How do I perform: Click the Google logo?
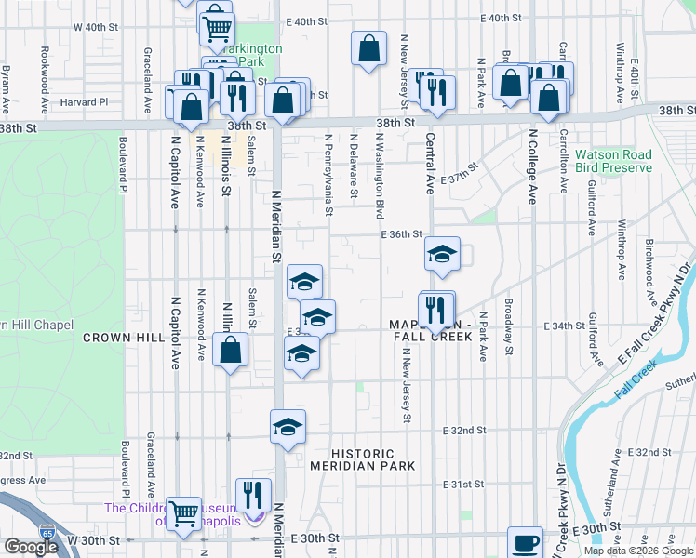[x=31, y=546]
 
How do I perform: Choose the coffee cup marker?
[x=525, y=541]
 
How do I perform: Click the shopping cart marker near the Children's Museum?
[x=183, y=511]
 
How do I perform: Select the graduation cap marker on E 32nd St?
[x=288, y=427]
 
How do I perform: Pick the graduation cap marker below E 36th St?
[x=442, y=252]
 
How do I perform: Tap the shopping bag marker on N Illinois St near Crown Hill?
[x=230, y=351]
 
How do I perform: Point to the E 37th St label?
[x=459, y=176]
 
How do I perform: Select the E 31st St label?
[x=464, y=485]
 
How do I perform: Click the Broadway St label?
[x=508, y=326]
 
